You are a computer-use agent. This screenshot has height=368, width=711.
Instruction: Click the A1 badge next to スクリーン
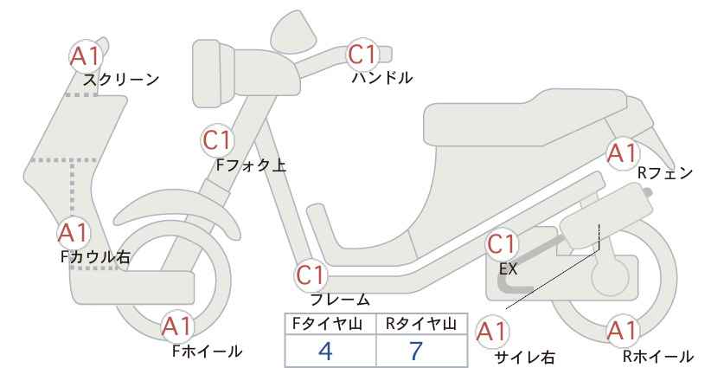pyautogui.click(x=86, y=56)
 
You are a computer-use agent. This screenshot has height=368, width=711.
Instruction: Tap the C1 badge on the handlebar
pyautogui.click(x=362, y=55)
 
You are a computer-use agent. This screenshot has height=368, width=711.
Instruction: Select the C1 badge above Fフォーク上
pyautogui.click(x=218, y=140)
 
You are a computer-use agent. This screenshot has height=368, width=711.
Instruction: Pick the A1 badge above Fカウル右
pyautogui.click(x=74, y=233)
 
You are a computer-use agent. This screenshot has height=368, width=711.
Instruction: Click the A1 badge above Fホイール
pyautogui.click(x=178, y=326)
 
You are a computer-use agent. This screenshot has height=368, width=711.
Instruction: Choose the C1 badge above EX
pyautogui.click(x=502, y=244)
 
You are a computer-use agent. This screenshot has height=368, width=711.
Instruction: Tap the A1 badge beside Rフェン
pyautogui.click(x=622, y=154)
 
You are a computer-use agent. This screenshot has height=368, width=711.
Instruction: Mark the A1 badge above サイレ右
pyautogui.click(x=492, y=332)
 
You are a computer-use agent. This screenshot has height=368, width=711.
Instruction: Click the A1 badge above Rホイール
pyautogui.click(x=622, y=331)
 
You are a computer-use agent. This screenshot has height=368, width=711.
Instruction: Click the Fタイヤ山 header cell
pyautogui.click(x=330, y=324)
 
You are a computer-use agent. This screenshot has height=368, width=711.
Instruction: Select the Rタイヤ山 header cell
pyautogui.click(x=422, y=324)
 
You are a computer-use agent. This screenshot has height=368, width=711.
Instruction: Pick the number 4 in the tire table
pyautogui.click(x=325, y=351)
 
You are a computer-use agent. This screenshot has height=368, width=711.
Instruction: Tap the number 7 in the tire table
pyautogui.click(x=416, y=351)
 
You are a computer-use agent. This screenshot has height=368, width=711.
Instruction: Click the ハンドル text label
pyautogui.click(x=382, y=78)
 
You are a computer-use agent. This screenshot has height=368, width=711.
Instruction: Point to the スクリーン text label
pyautogui.click(x=121, y=80)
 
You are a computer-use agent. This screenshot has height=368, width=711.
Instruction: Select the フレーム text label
pyautogui.click(x=340, y=300)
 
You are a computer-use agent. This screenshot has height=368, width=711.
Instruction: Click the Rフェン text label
pyautogui.click(x=665, y=173)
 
